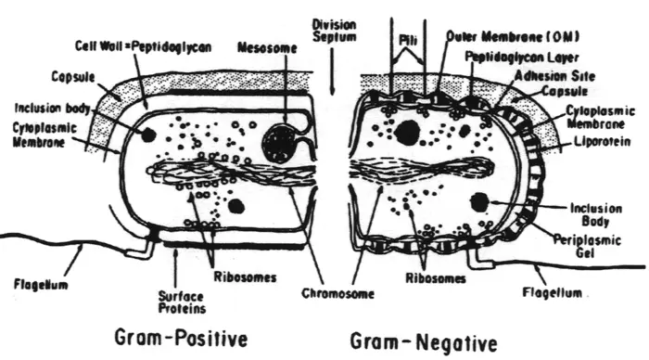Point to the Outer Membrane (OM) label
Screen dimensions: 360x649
click(x=500, y=36)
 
